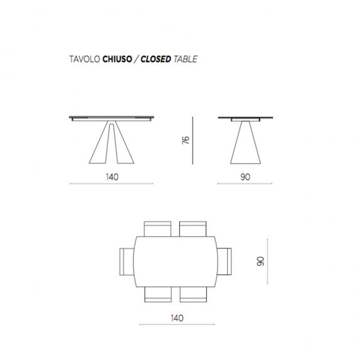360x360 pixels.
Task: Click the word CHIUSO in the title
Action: [117, 59]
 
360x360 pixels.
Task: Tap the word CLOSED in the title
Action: [156, 59]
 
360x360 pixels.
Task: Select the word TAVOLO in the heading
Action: [85, 59]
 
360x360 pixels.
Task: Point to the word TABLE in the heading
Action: [186, 59]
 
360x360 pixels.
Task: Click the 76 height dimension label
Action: [186, 140]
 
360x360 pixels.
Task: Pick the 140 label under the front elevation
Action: [112, 177]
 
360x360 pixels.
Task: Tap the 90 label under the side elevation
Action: [245, 177]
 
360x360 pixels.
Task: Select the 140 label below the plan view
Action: [177, 318]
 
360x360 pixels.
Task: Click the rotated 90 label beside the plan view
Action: [260, 262]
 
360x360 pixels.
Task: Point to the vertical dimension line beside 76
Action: [193, 140]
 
